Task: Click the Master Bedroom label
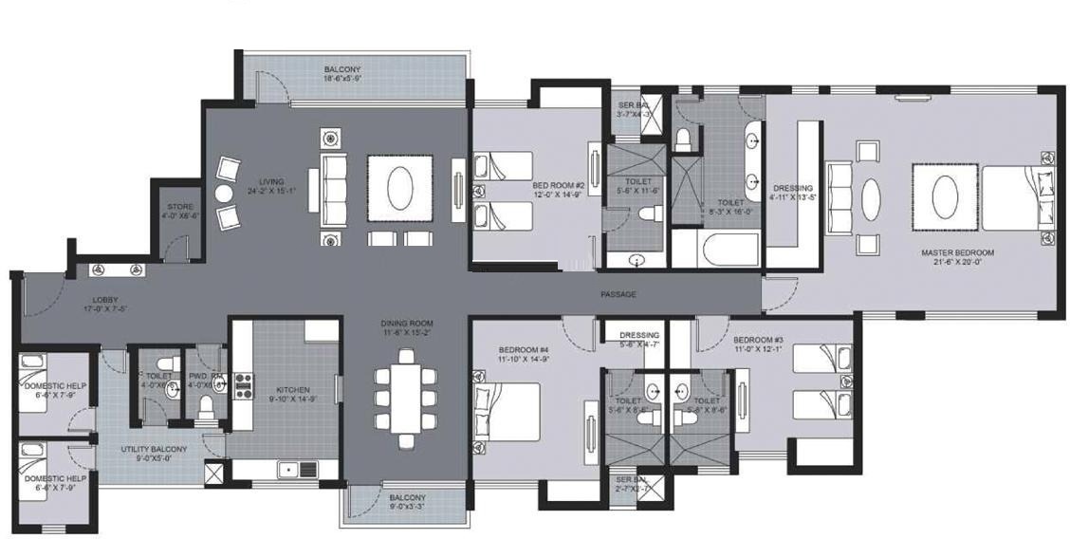957,252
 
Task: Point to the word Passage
618,294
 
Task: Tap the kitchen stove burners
243,384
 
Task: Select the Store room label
180,207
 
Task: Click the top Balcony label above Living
341,70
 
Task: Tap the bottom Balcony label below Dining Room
407,497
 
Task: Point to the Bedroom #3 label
758,340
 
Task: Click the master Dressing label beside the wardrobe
792,188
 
